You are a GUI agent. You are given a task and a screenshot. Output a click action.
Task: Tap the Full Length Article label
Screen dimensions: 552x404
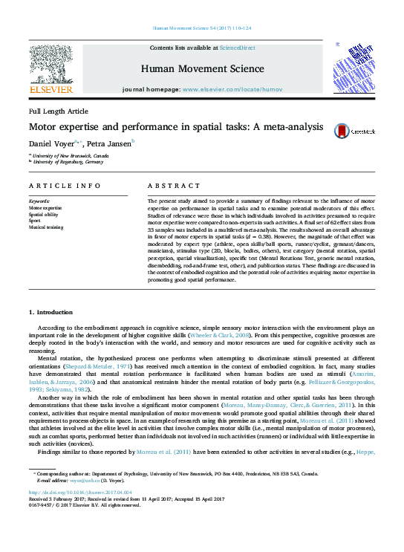tap(58, 111)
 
